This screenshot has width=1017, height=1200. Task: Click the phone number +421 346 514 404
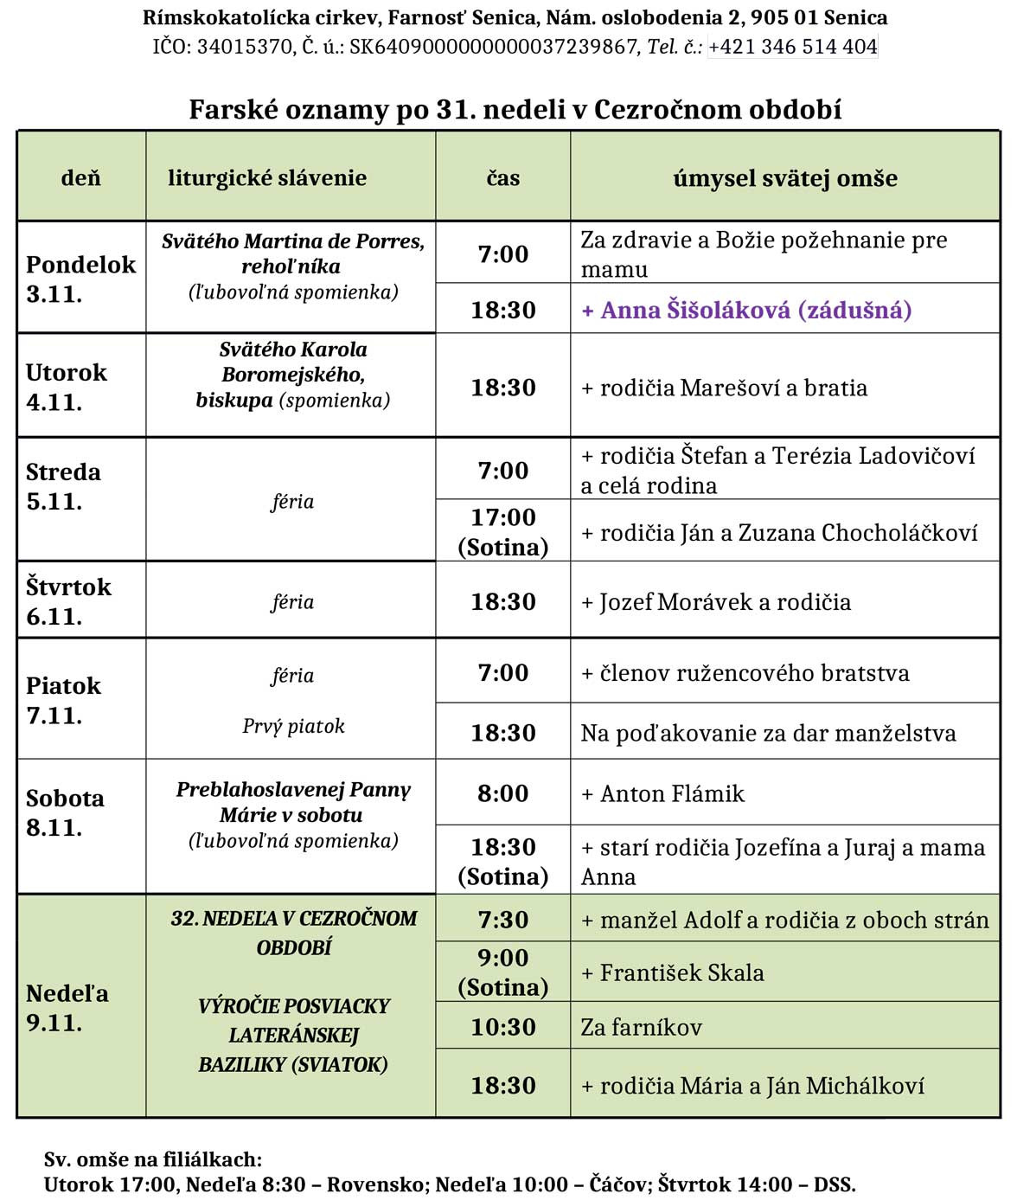tap(793, 47)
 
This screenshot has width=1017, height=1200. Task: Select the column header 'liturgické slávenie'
tap(267, 178)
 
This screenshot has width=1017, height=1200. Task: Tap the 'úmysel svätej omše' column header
tap(784, 178)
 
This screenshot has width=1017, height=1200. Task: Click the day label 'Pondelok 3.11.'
tap(80, 279)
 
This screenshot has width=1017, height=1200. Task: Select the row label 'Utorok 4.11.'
tap(67, 387)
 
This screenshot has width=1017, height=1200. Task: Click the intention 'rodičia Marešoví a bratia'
tap(724, 388)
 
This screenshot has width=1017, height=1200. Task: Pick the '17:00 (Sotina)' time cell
tap(502, 532)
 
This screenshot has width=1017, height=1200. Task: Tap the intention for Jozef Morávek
tap(716, 602)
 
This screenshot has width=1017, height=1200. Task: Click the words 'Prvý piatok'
tap(293, 726)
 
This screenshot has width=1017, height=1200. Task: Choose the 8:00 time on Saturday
tap(502, 793)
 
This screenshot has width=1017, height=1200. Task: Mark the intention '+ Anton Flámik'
tap(662, 793)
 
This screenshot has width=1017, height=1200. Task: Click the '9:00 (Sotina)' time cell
tap(502, 972)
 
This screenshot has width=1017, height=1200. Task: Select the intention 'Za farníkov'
tap(641, 1028)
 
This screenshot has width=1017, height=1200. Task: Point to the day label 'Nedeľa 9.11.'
tap(67, 1008)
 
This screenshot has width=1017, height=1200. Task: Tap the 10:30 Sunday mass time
tap(502, 1028)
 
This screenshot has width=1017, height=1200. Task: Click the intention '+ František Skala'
tap(673, 973)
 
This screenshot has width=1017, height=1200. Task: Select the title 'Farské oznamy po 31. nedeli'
tap(515, 110)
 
